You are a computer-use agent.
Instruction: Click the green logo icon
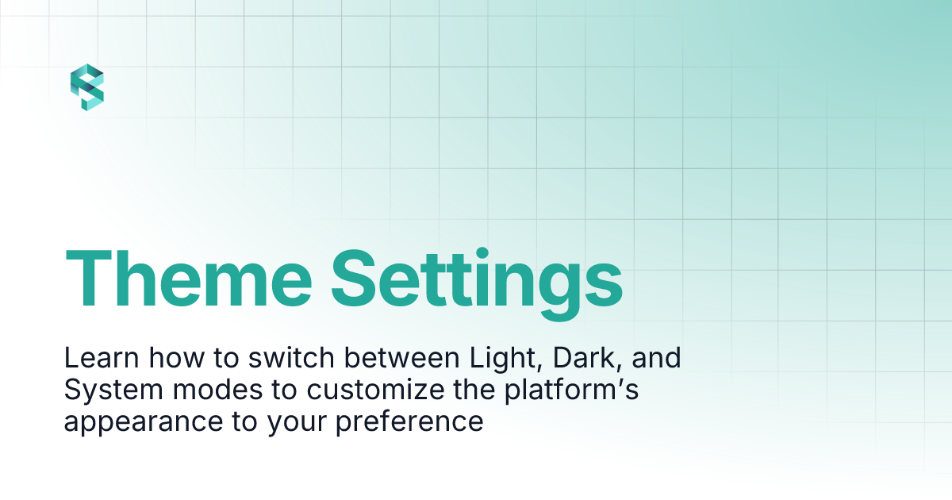click(x=86, y=88)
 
